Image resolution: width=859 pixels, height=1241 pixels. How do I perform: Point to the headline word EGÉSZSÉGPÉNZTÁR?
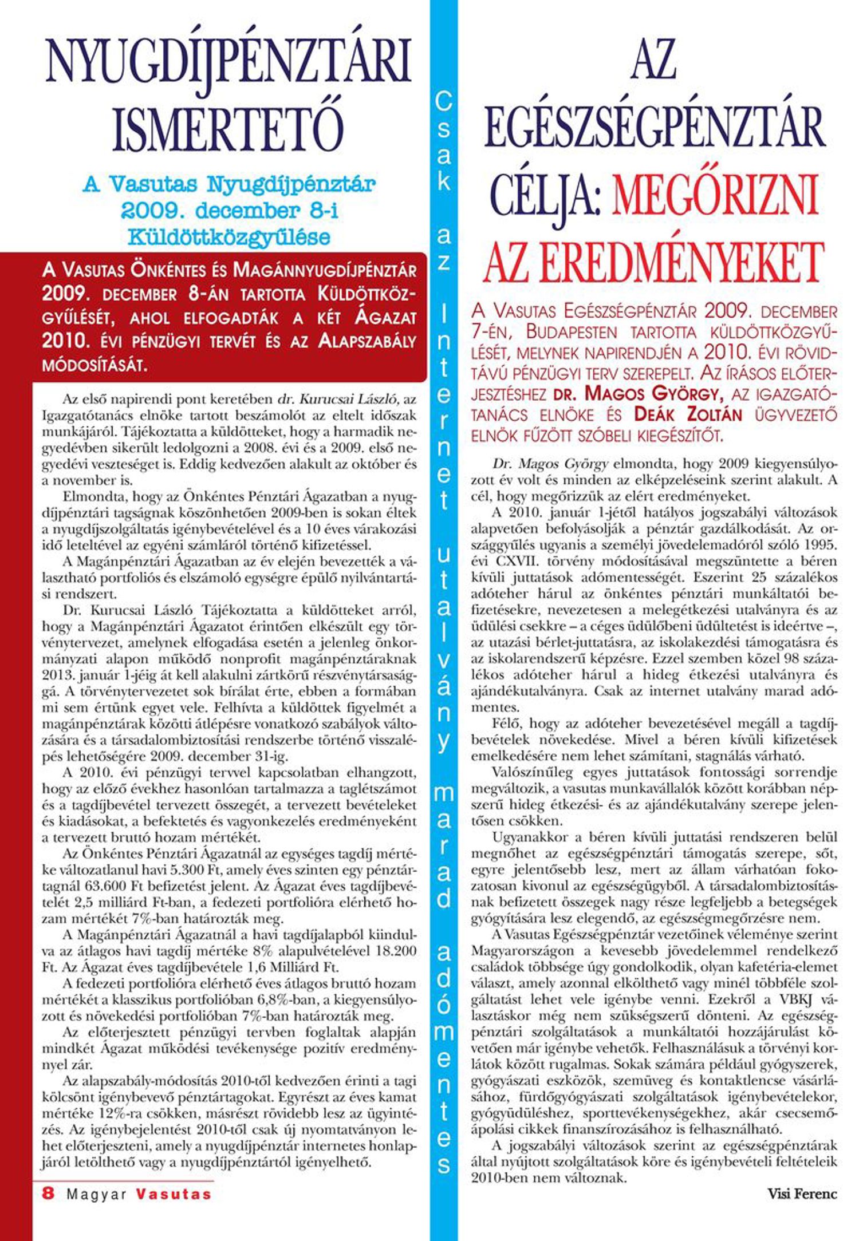coord(655,128)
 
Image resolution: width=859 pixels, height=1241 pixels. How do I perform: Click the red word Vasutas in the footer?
coord(174,1194)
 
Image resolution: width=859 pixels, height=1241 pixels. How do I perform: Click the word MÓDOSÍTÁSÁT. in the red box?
coord(94,365)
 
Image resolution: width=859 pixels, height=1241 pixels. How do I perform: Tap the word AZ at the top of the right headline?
coord(654,62)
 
